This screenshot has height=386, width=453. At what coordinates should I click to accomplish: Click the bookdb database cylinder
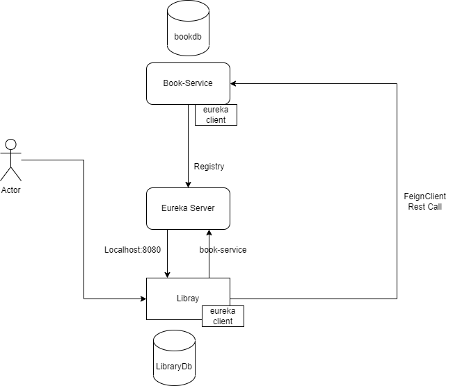[188, 29]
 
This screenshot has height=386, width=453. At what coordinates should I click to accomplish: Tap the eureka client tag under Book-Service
[216, 115]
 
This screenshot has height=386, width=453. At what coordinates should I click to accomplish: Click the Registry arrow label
[209, 167]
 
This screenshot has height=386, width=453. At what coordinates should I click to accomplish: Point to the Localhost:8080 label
[132, 249]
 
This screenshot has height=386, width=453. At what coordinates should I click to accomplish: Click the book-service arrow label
[223, 249]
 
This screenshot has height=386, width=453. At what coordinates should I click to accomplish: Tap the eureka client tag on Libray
[223, 316]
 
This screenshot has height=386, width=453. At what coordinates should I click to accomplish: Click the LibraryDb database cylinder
[174, 358]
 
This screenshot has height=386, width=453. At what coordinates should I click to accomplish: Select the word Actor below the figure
[11, 190]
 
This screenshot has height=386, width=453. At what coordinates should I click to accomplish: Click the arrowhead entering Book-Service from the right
[234, 83]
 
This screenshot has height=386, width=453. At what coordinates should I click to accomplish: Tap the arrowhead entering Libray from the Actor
[143, 299]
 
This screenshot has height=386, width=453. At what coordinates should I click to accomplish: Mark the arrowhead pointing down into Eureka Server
[188, 184]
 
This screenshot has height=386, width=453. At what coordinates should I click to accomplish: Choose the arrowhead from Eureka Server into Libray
[167, 274]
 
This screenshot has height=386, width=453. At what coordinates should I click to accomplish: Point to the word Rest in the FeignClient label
[415, 207]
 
